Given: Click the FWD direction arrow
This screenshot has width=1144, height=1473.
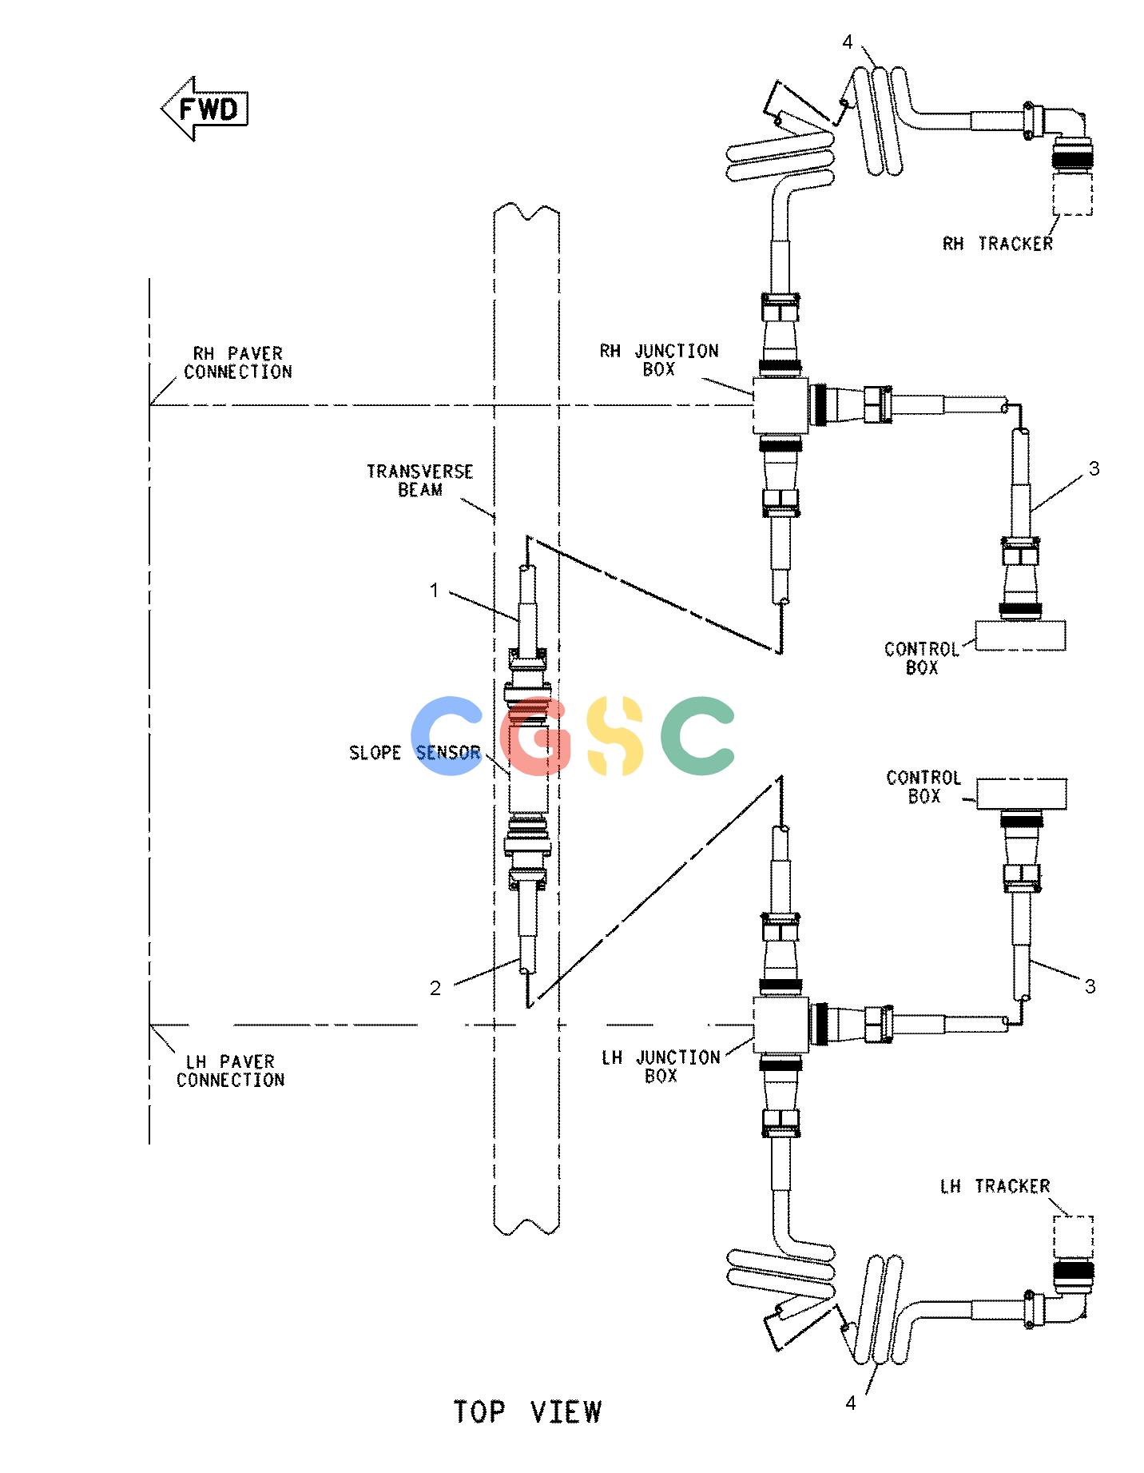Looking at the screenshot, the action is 205,109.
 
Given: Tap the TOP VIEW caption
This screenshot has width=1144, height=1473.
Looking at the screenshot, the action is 527,1411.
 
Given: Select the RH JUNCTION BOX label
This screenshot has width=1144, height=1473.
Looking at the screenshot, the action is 659,360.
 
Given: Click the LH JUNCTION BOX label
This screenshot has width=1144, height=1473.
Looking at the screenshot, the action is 661,1066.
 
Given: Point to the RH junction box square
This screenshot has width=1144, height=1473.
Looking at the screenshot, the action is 781,405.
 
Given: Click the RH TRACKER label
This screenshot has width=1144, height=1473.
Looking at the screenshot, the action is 998,244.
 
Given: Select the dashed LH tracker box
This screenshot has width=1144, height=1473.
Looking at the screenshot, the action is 1073,1240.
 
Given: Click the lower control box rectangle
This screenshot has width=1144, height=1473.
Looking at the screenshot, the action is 1022,794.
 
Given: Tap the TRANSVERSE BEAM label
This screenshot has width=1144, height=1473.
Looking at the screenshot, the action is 420,480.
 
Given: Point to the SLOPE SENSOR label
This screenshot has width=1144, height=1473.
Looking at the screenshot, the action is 415,752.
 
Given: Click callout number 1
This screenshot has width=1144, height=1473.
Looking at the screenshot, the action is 434,591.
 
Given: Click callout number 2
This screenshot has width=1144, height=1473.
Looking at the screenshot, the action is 435,989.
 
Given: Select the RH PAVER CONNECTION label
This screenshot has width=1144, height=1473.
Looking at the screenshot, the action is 238,362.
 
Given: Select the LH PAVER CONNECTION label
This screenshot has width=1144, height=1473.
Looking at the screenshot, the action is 231,1071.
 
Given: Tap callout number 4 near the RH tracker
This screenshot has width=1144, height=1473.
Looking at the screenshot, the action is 848,42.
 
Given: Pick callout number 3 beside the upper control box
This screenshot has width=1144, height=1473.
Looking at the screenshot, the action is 1094,468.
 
